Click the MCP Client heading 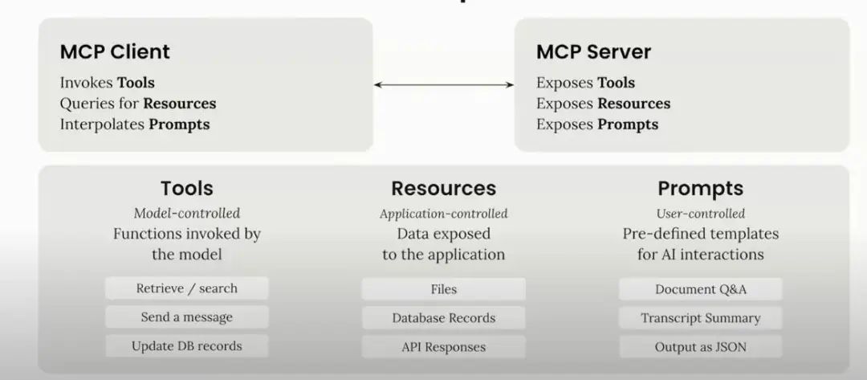click(115, 53)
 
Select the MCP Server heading click(593, 53)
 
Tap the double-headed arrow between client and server click(443, 84)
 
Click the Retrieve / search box click(186, 288)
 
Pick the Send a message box click(186, 317)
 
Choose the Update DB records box click(186, 346)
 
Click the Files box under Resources click(443, 289)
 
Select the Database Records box click(443, 318)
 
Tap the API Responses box click(443, 347)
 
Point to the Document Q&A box click(700, 289)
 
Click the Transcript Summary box click(700, 318)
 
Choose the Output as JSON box click(700, 347)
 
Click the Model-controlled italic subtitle click(186, 213)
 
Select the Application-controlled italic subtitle click(443, 214)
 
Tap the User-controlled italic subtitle click(700, 214)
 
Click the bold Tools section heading click(186, 189)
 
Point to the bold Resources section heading click(443, 189)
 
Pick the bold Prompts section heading click(700, 189)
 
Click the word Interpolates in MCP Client click(102, 125)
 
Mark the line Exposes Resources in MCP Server click(603, 104)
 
